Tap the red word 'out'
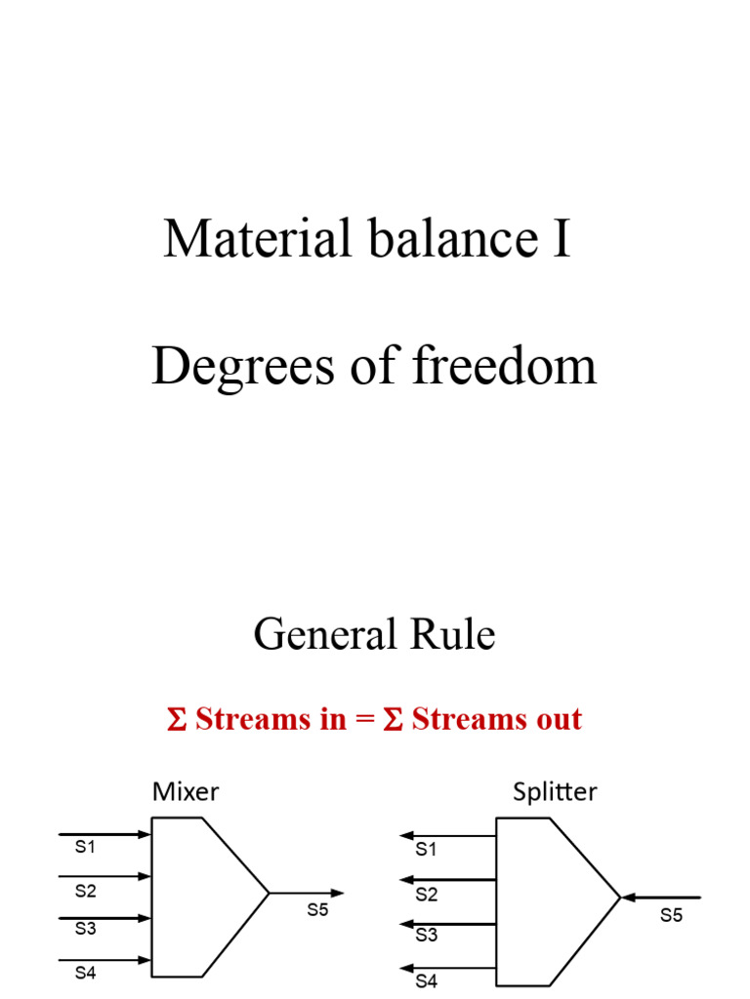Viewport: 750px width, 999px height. tap(554, 720)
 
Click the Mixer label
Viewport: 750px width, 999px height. tap(186, 791)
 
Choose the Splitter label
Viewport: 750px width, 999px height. tap(555, 791)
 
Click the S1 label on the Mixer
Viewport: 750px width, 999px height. tap(86, 848)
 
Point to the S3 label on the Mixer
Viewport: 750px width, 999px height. tap(86, 929)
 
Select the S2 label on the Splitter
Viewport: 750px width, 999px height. tap(427, 895)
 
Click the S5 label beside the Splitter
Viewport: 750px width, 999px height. tap(671, 915)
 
